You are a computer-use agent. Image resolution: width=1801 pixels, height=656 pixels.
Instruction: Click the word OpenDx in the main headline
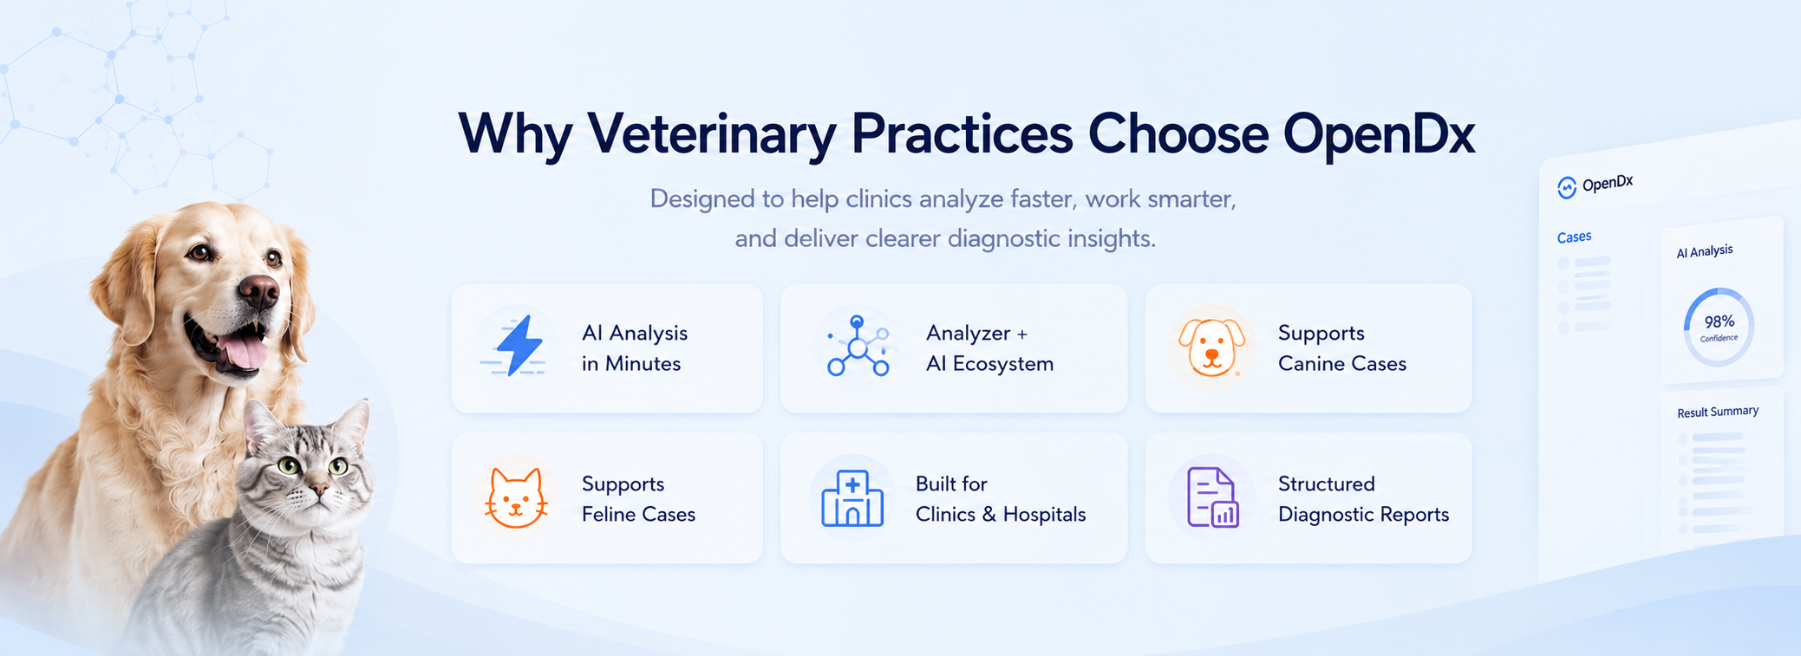(1379, 134)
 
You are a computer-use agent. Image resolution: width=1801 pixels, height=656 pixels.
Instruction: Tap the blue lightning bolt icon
(518, 346)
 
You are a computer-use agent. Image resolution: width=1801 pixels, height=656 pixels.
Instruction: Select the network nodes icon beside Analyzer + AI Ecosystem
(858, 346)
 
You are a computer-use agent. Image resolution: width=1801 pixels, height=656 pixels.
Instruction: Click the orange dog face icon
(1211, 347)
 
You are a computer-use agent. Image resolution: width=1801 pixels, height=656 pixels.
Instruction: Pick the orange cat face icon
(516, 497)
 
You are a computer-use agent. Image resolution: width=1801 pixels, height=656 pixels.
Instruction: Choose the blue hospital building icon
(852, 498)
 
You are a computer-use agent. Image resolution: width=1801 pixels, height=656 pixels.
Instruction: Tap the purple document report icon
(1212, 497)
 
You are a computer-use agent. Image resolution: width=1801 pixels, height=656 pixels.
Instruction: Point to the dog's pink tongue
(244, 351)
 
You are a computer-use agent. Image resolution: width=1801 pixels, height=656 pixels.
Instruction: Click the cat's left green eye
(288, 465)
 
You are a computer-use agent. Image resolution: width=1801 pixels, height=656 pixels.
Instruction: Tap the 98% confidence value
(1719, 322)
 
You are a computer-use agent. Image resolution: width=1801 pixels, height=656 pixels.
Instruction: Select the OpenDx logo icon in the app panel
(1567, 187)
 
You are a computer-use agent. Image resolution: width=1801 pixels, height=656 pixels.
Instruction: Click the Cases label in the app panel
(1574, 237)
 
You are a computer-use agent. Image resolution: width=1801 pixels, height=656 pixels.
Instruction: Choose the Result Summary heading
(1718, 412)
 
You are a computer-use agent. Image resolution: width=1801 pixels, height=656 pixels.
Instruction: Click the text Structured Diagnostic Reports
(1363, 499)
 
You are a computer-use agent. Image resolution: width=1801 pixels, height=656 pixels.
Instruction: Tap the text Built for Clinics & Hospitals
(1001, 499)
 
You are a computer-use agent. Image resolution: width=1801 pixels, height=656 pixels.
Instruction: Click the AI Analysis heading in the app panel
(1705, 251)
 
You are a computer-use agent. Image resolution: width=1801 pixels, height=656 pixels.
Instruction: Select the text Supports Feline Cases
(638, 499)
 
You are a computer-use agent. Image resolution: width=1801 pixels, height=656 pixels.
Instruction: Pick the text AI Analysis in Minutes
(635, 348)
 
